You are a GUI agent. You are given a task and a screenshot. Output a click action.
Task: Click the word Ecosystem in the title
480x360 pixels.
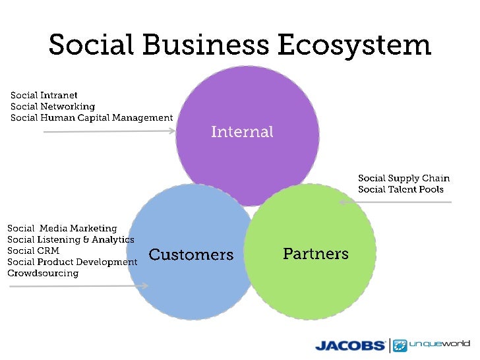(x=353, y=45)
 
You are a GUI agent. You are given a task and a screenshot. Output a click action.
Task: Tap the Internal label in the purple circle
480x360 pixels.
(x=242, y=132)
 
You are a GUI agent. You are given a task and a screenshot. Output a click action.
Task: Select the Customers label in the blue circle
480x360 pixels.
(x=191, y=255)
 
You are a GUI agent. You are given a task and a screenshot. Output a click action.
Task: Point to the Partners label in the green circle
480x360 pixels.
(x=316, y=253)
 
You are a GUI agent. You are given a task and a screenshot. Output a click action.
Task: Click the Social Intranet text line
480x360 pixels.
(x=44, y=96)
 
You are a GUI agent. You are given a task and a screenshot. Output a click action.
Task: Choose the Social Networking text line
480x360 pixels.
(x=53, y=107)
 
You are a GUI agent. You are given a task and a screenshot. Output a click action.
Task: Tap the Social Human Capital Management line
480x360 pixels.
(x=92, y=118)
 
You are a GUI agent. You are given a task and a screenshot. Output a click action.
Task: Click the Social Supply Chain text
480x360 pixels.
(x=404, y=178)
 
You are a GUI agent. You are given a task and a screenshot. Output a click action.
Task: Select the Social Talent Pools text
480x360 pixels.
(x=401, y=189)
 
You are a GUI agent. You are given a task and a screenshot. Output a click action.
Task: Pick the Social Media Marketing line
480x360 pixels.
(x=62, y=229)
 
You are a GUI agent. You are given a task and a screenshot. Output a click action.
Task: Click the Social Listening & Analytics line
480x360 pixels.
(x=71, y=240)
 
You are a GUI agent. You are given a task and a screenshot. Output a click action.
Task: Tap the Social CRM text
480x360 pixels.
(x=33, y=251)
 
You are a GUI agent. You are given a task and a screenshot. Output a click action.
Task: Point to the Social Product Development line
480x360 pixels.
(x=73, y=262)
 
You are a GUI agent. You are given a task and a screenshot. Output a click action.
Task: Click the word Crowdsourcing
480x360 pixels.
(x=43, y=274)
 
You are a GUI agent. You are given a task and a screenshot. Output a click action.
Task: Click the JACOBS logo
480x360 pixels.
(x=350, y=345)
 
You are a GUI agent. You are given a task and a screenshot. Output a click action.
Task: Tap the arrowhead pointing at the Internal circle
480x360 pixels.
(x=173, y=131)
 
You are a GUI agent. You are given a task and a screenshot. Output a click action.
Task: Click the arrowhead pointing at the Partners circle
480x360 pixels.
(x=342, y=202)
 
